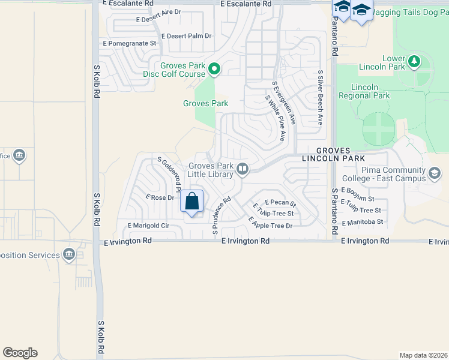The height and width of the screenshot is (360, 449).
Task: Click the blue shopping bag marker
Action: [x=192, y=201]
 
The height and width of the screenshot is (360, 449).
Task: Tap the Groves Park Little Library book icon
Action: [x=243, y=169]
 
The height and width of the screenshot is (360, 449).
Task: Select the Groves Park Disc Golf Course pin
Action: [x=215, y=70]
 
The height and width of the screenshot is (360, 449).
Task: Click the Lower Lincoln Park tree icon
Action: [x=414, y=61]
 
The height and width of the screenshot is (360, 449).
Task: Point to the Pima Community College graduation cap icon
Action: [x=434, y=174]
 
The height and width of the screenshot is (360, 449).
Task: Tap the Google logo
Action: [x=20, y=353]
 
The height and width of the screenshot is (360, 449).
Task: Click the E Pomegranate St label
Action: [x=130, y=43]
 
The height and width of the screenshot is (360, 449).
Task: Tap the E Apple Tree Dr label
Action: [x=270, y=226]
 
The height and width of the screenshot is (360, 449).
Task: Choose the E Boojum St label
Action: [x=358, y=198]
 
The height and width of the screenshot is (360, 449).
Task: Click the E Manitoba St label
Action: [x=363, y=222]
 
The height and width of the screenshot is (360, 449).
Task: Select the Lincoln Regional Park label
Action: [x=364, y=91]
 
